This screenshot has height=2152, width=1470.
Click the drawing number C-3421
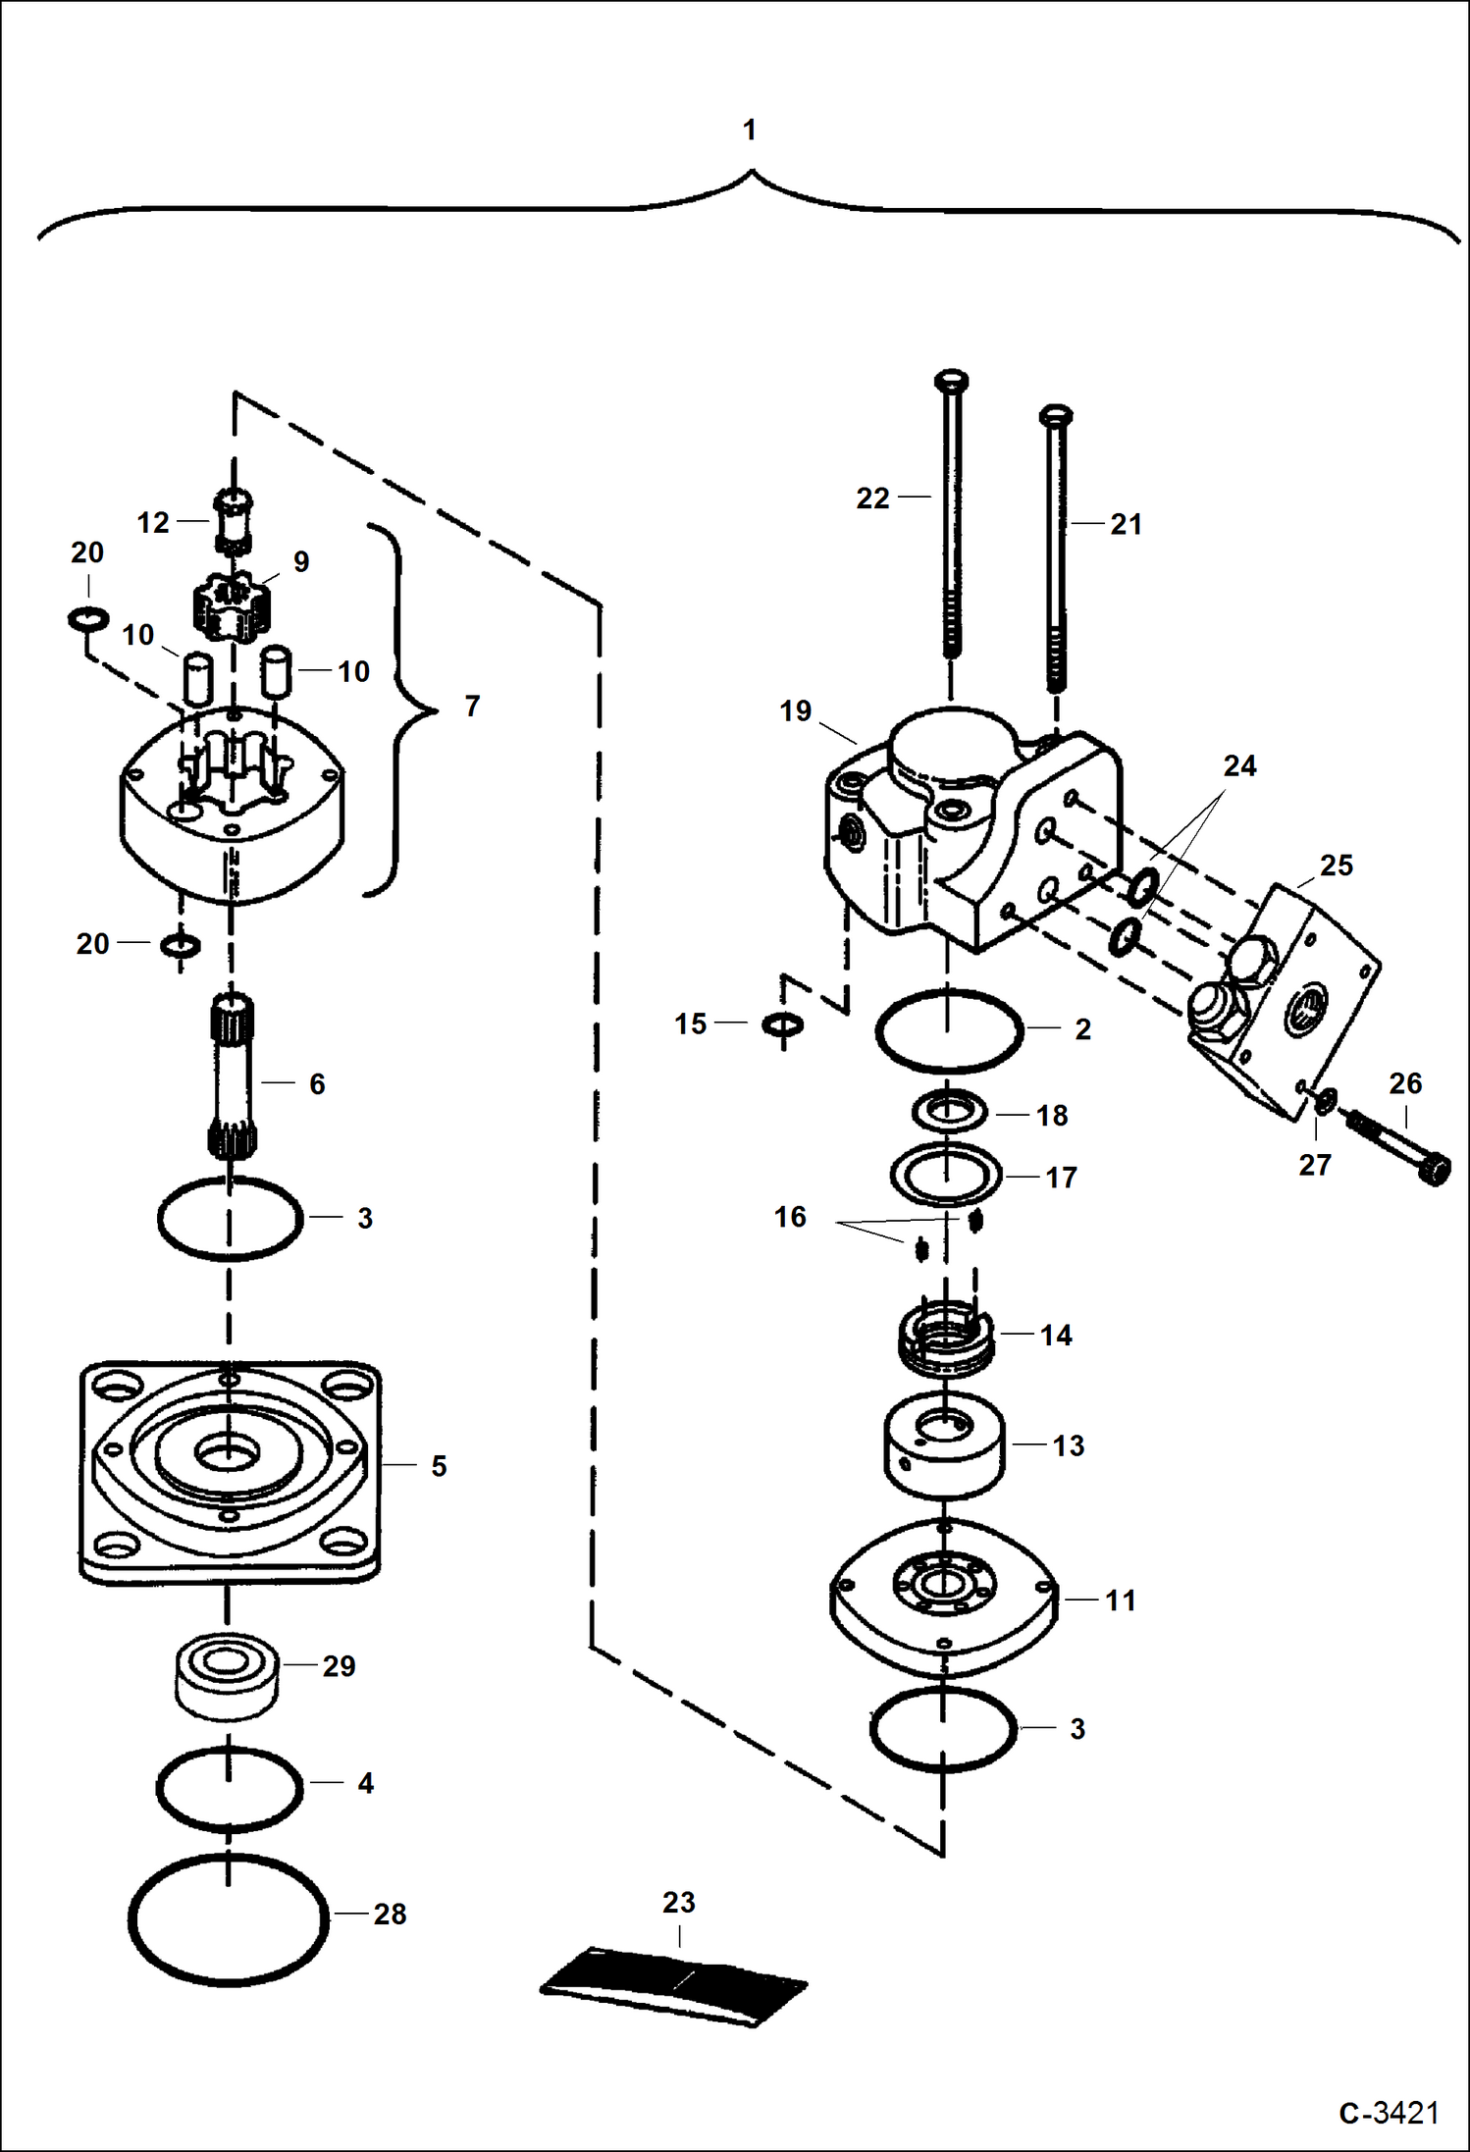pyautogui.click(x=1388, y=2111)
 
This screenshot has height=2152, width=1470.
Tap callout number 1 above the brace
pyautogui.click(x=750, y=130)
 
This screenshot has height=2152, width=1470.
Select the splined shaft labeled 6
pyautogui.click(x=232, y=1075)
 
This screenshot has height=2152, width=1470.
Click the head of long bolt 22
pyautogui.click(x=952, y=381)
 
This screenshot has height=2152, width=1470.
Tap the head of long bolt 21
pyautogui.click(x=1055, y=416)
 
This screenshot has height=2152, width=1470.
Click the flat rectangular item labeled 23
pyautogui.click(x=675, y=1984)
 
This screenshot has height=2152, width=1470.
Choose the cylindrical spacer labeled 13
pyautogui.click(x=944, y=1446)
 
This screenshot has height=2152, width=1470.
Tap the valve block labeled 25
pyautogui.click(x=1286, y=991)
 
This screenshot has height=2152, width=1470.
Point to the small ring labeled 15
pyautogui.click(x=782, y=1024)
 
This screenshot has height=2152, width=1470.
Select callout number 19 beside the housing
pyautogui.click(x=795, y=710)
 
